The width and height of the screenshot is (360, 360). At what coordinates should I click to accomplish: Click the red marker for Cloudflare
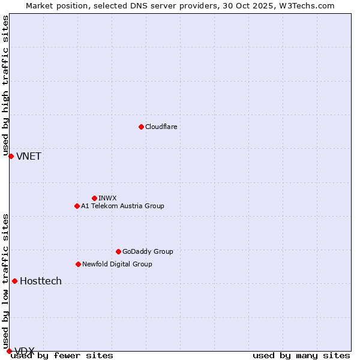click(x=141, y=127)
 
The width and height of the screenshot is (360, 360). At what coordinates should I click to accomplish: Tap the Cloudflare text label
click(x=161, y=127)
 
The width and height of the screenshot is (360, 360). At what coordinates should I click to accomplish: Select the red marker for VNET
click(x=11, y=156)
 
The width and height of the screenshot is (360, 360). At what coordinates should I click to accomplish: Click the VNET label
click(x=29, y=157)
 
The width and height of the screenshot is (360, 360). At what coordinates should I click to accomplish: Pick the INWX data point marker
click(x=94, y=198)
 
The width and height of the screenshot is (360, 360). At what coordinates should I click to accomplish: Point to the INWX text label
click(x=107, y=198)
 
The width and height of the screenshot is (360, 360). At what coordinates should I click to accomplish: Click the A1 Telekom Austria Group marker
click(x=77, y=206)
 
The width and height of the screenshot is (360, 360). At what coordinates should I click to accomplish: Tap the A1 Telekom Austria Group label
click(x=122, y=206)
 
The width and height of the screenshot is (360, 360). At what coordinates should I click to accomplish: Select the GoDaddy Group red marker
click(x=118, y=251)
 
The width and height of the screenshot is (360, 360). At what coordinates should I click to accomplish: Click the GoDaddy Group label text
click(x=148, y=251)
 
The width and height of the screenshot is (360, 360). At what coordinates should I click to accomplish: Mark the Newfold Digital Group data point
click(x=78, y=264)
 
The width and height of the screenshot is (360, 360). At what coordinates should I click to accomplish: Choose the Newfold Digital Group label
click(x=117, y=264)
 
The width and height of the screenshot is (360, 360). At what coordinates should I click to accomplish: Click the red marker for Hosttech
click(x=14, y=281)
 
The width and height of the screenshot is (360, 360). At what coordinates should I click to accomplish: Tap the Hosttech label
click(x=41, y=281)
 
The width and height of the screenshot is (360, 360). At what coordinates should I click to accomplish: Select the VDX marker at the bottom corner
click(x=9, y=351)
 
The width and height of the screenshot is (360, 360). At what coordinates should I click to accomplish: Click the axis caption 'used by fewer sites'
click(x=62, y=355)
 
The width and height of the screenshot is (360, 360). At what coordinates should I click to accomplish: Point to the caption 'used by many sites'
click(x=301, y=355)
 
